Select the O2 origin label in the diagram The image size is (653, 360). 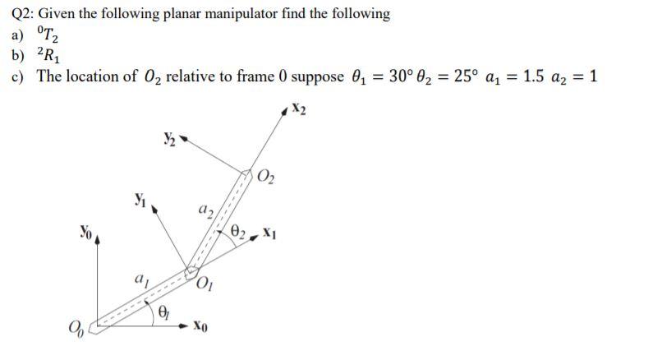point(268,173)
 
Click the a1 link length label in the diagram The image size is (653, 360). point(142,281)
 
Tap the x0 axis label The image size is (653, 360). point(206,328)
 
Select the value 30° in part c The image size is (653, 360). point(398,76)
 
